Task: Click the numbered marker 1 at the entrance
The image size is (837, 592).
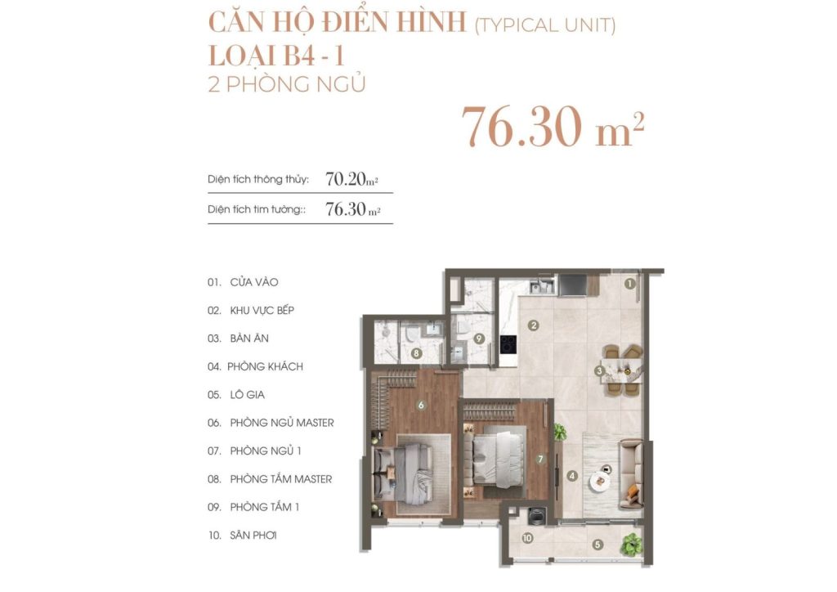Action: click(x=630, y=285)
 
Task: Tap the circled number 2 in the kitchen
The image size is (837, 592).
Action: click(x=533, y=325)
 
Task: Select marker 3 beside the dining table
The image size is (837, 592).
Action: click(x=600, y=371)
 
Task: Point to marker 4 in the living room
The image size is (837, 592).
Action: click(x=572, y=476)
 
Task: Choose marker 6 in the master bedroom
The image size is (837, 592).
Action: click(x=421, y=405)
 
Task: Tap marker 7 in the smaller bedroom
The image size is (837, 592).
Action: click(x=540, y=460)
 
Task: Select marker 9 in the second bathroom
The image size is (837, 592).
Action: click(x=479, y=338)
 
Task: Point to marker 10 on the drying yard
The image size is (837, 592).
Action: click(x=527, y=538)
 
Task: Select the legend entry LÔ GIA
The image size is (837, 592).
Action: click(x=248, y=394)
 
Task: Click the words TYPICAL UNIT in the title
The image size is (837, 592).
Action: click(x=545, y=25)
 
